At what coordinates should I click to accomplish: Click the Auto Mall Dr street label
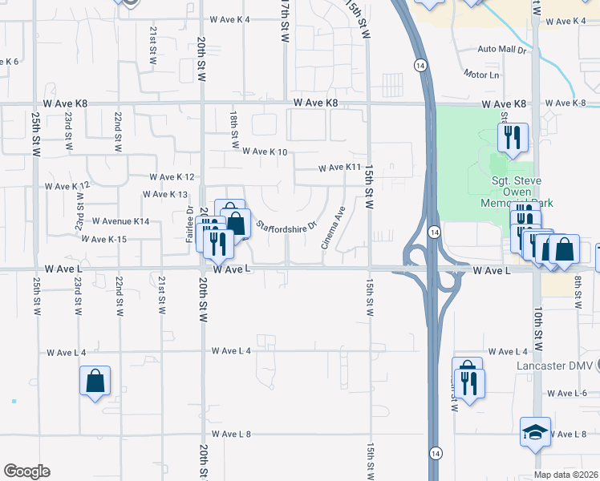coord(501,50)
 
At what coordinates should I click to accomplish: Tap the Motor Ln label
coord(481,75)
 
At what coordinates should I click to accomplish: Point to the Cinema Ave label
coord(333,227)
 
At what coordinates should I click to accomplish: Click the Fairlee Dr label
coord(189,224)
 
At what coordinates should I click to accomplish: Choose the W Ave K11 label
coord(340,168)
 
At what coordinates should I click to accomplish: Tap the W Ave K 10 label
coord(264,151)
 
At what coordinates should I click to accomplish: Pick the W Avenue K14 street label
coord(120,220)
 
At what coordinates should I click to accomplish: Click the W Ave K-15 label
coord(104,239)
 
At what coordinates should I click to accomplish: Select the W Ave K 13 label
coord(164,194)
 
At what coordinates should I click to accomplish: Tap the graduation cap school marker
coord(535,433)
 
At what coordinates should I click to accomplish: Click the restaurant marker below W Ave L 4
coord(468,381)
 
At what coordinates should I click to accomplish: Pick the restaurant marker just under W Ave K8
coord(512,137)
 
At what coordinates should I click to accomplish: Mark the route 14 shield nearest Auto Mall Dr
coord(420,63)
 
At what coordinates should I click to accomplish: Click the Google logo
coord(26,471)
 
